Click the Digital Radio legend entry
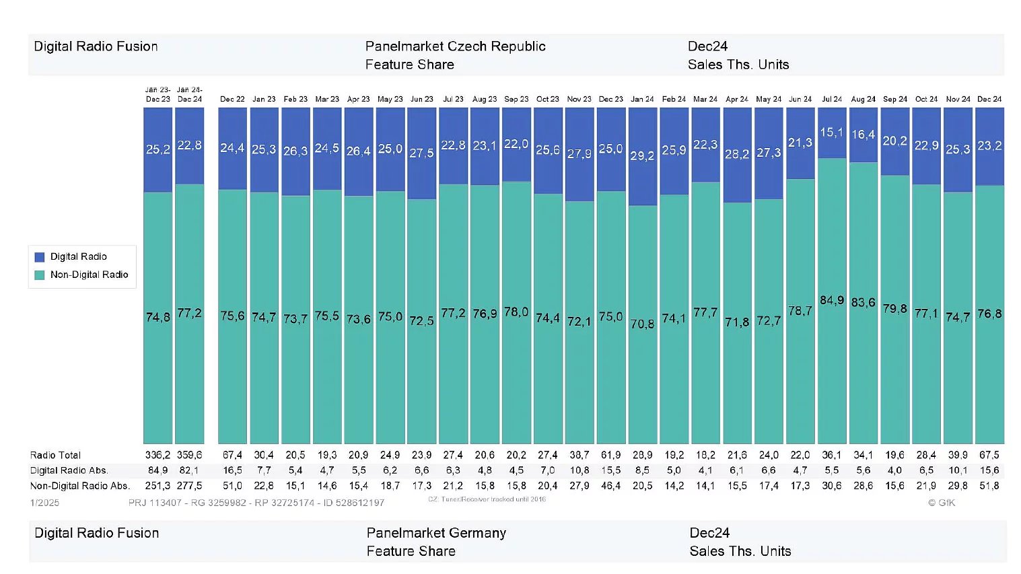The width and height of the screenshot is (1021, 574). click(77, 256)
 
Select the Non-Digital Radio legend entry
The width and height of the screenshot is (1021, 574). click(88, 275)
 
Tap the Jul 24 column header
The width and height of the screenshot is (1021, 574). click(831, 99)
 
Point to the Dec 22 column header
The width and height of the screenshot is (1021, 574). click(232, 99)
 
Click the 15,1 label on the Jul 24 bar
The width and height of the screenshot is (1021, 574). click(831, 133)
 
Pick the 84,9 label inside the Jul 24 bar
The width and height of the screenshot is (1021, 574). click(831, 300)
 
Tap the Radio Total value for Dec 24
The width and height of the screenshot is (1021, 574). click(989, 456)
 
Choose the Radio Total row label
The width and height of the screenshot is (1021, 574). click(55, 456)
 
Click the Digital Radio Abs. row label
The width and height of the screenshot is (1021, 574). click(69, 470)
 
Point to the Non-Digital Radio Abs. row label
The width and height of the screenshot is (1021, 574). click(79, 486)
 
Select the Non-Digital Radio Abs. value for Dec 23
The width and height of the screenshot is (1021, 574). click(610, 486)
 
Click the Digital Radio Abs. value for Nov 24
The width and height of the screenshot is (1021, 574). click(957, 470)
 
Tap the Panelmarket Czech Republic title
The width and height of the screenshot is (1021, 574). click(455, 46)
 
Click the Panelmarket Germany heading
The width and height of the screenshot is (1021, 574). click(436, 533)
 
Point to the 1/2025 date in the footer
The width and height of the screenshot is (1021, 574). click(44, 503)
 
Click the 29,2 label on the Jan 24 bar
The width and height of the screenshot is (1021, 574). click(642, 155)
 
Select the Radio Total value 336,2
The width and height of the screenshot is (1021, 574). click(157, 456)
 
